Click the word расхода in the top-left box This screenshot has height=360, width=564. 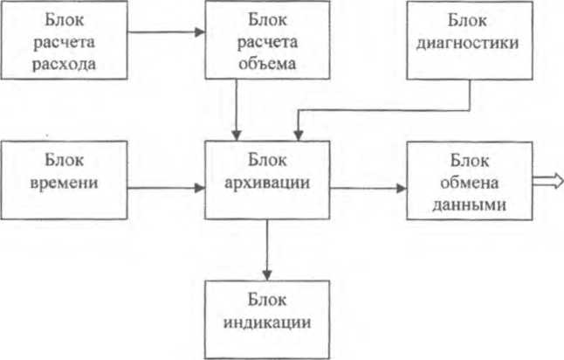64,64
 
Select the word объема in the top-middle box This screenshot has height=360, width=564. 267,64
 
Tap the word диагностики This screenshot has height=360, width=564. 468,43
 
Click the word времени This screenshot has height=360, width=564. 64,183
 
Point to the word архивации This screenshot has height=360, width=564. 267,183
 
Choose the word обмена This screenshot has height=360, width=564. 470,183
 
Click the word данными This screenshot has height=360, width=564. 470,205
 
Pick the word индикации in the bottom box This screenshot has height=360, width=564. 267,322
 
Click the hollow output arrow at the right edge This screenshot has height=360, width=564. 547,181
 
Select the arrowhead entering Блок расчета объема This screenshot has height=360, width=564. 200,32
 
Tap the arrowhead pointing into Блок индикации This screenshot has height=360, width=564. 267,275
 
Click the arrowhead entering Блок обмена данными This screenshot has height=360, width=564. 402,188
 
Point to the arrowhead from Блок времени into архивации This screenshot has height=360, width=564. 200,188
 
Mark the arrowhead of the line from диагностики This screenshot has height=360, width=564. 299,135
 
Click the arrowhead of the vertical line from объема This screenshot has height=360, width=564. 237,135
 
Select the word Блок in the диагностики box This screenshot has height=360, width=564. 467,20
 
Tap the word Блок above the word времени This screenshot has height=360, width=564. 64,160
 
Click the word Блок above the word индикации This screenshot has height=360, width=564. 267,300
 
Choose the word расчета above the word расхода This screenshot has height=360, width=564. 64,42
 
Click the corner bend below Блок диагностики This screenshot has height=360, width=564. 470,110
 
